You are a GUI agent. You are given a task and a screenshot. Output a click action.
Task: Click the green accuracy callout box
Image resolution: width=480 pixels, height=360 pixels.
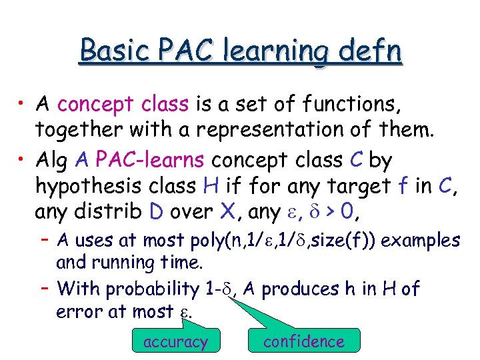(175, 342)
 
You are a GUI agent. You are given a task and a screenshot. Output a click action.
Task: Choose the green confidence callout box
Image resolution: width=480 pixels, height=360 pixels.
(303, 341)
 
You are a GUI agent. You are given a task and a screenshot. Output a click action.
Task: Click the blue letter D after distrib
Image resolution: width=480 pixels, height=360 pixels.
(156, 213)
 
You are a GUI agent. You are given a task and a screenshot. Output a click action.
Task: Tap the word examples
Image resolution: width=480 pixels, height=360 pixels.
(423, 240)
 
